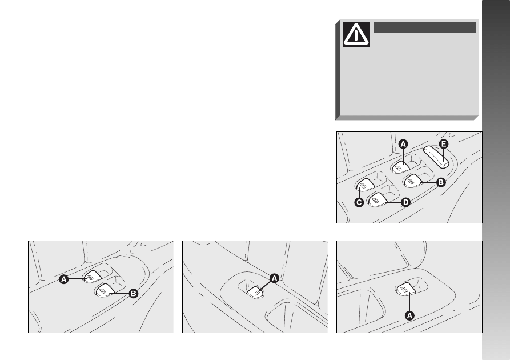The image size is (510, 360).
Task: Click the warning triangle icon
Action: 356,34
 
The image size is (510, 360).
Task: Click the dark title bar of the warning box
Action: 424,27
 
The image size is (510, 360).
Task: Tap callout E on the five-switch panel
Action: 443,144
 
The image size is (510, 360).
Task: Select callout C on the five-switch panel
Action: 359,202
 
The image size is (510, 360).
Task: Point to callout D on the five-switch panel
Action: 405,202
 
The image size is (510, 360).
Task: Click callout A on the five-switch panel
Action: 403,144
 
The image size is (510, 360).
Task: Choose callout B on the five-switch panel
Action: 441,182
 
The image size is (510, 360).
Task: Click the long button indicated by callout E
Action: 437,157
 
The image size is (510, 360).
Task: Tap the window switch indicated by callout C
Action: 365,185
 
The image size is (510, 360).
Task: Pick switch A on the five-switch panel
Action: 400,167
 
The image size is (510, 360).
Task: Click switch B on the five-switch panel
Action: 413,181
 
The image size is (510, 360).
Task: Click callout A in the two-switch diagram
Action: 64,279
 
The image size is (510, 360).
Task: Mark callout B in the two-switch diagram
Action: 134,294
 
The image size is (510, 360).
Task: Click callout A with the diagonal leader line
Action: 274,278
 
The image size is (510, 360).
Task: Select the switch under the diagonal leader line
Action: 255,293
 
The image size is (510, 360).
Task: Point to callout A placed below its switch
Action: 409,315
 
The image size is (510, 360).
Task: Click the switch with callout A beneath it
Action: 405,289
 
